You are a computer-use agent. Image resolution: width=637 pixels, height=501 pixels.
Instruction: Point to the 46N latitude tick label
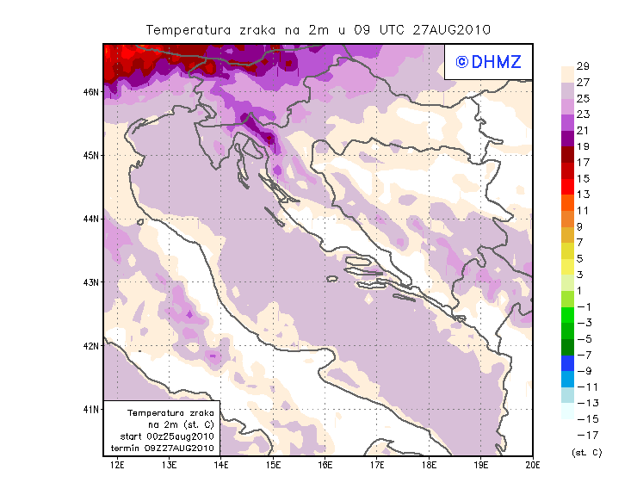pyautogui.click(x=91, y=91)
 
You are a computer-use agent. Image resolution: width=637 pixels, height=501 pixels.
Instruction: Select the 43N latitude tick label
pyautogui.click(x=91, y=281)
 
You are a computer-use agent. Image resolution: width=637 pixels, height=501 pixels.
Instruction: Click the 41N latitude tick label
pyautogui.click(x=91, y=409)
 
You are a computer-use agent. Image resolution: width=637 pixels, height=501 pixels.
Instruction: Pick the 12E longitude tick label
pyautogui.click(x=118, y=465)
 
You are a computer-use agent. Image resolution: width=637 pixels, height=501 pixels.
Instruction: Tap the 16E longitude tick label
pyautogui.click(x=325, y=465)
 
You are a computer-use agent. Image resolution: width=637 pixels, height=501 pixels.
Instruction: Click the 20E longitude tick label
pyautogui.click(x=533, y=465)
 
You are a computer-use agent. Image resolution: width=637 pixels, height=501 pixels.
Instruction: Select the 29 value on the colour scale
pyautogui.click(x=583, y=67)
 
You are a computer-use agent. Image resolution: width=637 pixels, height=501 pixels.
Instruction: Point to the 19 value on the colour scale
pyautogui.click(x=583, y=146)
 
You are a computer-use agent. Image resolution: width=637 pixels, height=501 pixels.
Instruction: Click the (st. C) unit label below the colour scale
pyautogui.click(x=586, y=452)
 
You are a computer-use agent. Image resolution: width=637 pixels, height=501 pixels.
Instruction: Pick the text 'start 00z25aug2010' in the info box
pyautogui.click(x=167, y=436)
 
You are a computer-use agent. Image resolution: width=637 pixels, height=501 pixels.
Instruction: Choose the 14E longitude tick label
pyautogui.click(x=221, y=465)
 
